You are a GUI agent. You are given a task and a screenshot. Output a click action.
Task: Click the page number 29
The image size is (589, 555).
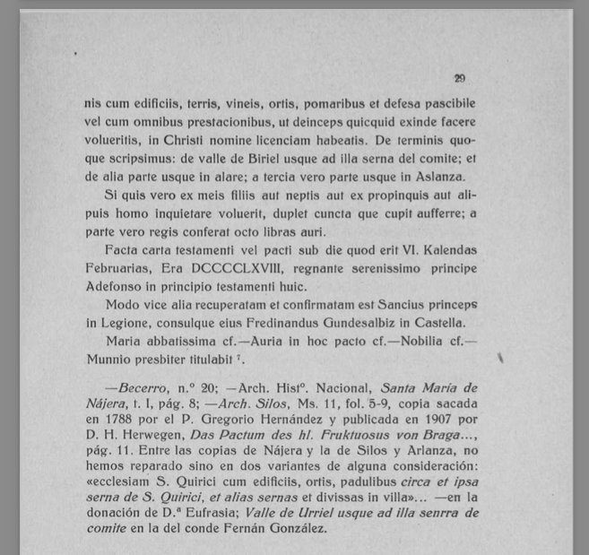point(459,78)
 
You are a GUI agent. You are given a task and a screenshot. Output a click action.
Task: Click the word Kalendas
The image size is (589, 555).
point(445,252)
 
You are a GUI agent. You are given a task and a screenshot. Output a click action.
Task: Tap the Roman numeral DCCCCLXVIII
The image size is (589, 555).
point(230,270)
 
